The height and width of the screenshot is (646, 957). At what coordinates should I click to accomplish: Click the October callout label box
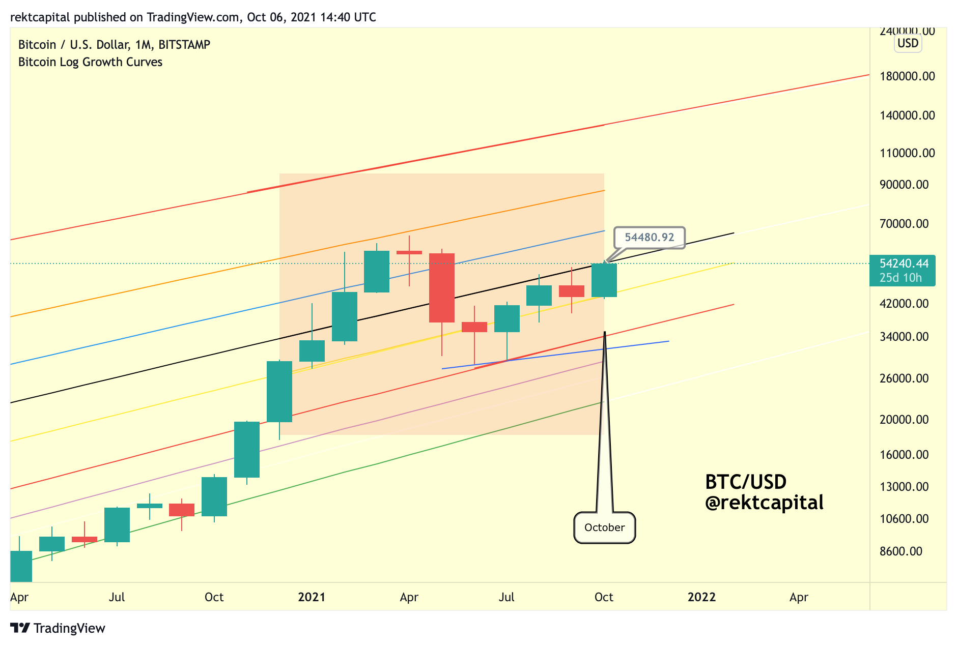click(604, 527)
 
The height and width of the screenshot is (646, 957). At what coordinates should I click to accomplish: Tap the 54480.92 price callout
click(649, 238)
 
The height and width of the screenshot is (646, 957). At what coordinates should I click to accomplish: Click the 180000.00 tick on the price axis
click(907, 76)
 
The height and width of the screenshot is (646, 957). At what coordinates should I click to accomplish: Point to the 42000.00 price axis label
click(904, 304)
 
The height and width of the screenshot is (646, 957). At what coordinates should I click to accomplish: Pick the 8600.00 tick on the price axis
click(900, 551)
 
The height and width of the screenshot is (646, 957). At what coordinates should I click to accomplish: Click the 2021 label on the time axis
click(312, 597)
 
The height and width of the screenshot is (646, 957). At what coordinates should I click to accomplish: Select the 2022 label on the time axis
click(701, 597)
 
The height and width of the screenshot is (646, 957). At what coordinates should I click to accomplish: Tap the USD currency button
click(908, 43)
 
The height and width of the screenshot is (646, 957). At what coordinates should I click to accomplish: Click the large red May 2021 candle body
click(442, 288)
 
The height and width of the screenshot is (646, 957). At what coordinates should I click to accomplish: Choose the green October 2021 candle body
click(604, 280)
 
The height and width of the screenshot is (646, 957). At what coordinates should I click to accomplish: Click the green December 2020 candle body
click(279, 392)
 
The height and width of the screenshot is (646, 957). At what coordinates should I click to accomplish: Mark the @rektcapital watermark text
click(764, 503)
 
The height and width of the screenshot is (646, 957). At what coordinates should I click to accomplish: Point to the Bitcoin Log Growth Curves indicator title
click(90, 62)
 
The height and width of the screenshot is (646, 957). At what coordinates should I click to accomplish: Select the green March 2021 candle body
click(377, 272)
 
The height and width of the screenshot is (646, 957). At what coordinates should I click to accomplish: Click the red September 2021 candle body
click(572, 291)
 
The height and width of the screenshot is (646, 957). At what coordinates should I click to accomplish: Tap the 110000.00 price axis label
click(907, 153)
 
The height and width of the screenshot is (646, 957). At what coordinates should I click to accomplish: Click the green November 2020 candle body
click(247, 450)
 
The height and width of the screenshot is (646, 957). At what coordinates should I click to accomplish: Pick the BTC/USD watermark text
click(746, 482)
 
